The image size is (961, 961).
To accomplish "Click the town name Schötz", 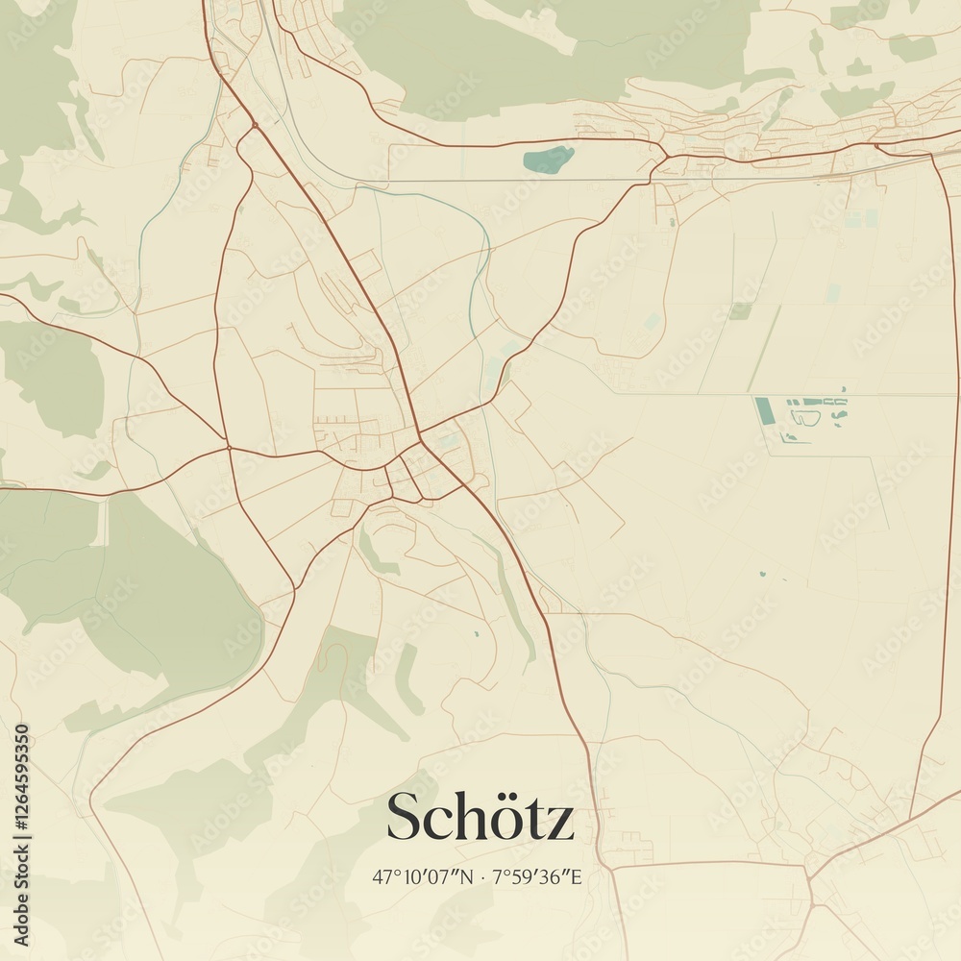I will (480, 818).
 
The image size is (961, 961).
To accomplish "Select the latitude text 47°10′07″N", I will (422, 876).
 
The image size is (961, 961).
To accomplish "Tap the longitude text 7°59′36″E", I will (537, 876).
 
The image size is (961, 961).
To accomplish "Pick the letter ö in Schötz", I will (505, 820).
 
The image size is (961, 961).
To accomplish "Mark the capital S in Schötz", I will (402, 818).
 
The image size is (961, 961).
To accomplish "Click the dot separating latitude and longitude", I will (480, 877).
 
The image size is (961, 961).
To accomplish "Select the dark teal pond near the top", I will (549, 159).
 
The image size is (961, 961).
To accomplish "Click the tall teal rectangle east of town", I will (763, 410).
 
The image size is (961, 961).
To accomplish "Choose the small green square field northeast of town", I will (739, 311).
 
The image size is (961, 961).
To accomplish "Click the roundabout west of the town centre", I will (228, 447).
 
